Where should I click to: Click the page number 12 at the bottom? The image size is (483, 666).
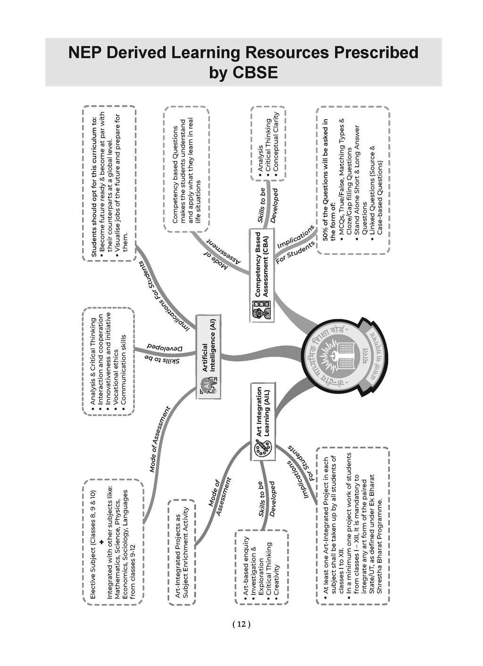[x=241, y=624]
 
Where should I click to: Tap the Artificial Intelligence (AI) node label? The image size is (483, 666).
[x=209, y=357]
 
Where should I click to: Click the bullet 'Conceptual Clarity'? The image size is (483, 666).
[x=275, y=141]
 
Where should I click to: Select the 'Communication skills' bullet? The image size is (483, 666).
[x=124, y=370]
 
